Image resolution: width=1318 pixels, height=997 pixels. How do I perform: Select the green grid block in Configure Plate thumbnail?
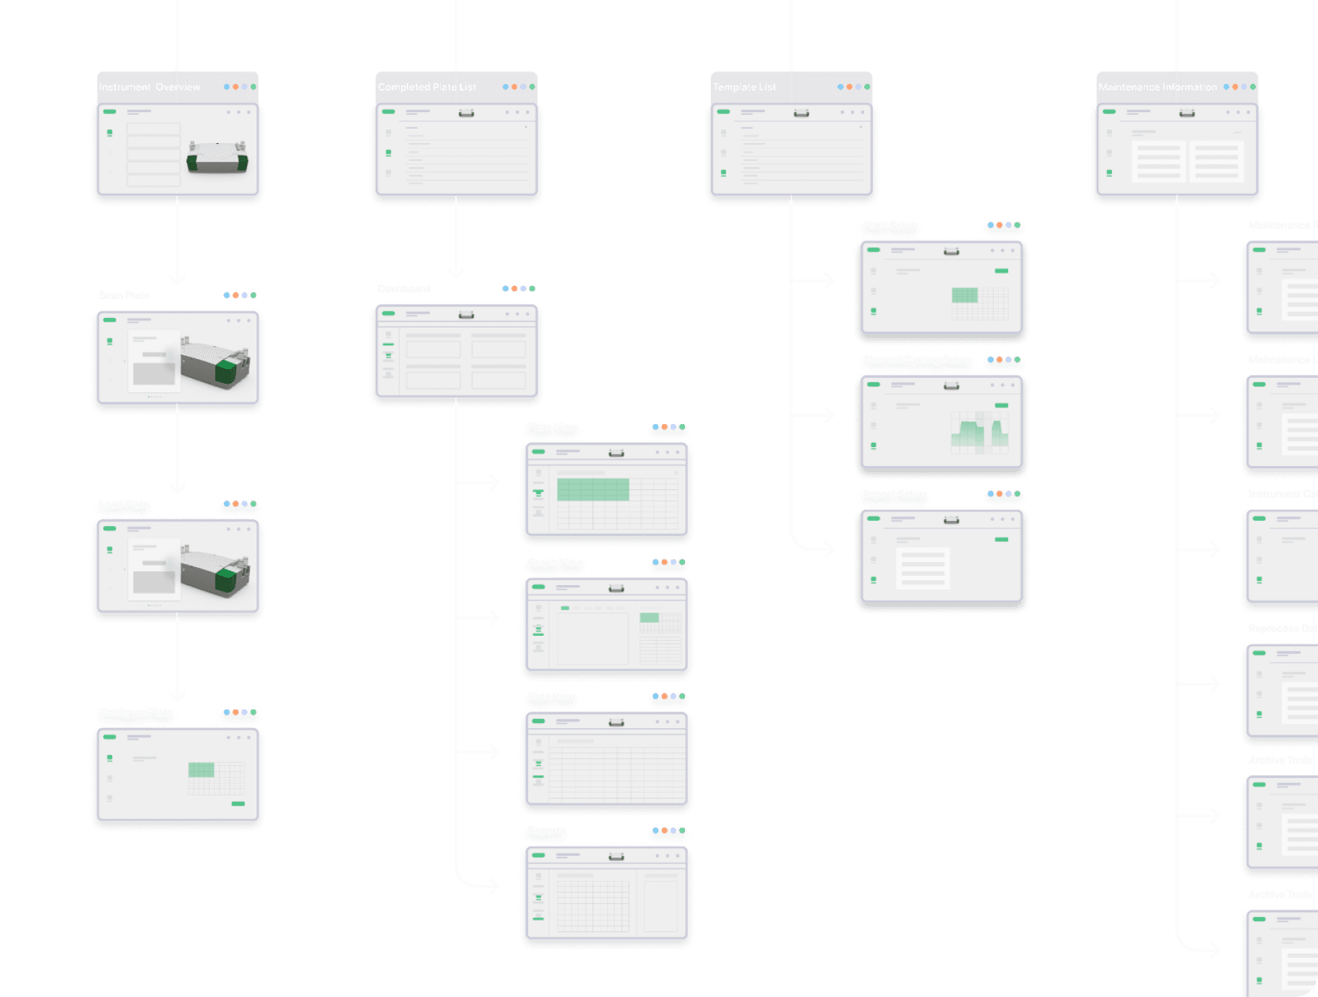click(202, 769)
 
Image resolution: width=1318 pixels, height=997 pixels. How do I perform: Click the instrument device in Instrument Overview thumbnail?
click(217, 157)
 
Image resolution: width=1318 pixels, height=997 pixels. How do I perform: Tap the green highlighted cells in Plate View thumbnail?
click(593, 490)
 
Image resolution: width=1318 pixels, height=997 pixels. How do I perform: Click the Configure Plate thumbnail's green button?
click(238, 803)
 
